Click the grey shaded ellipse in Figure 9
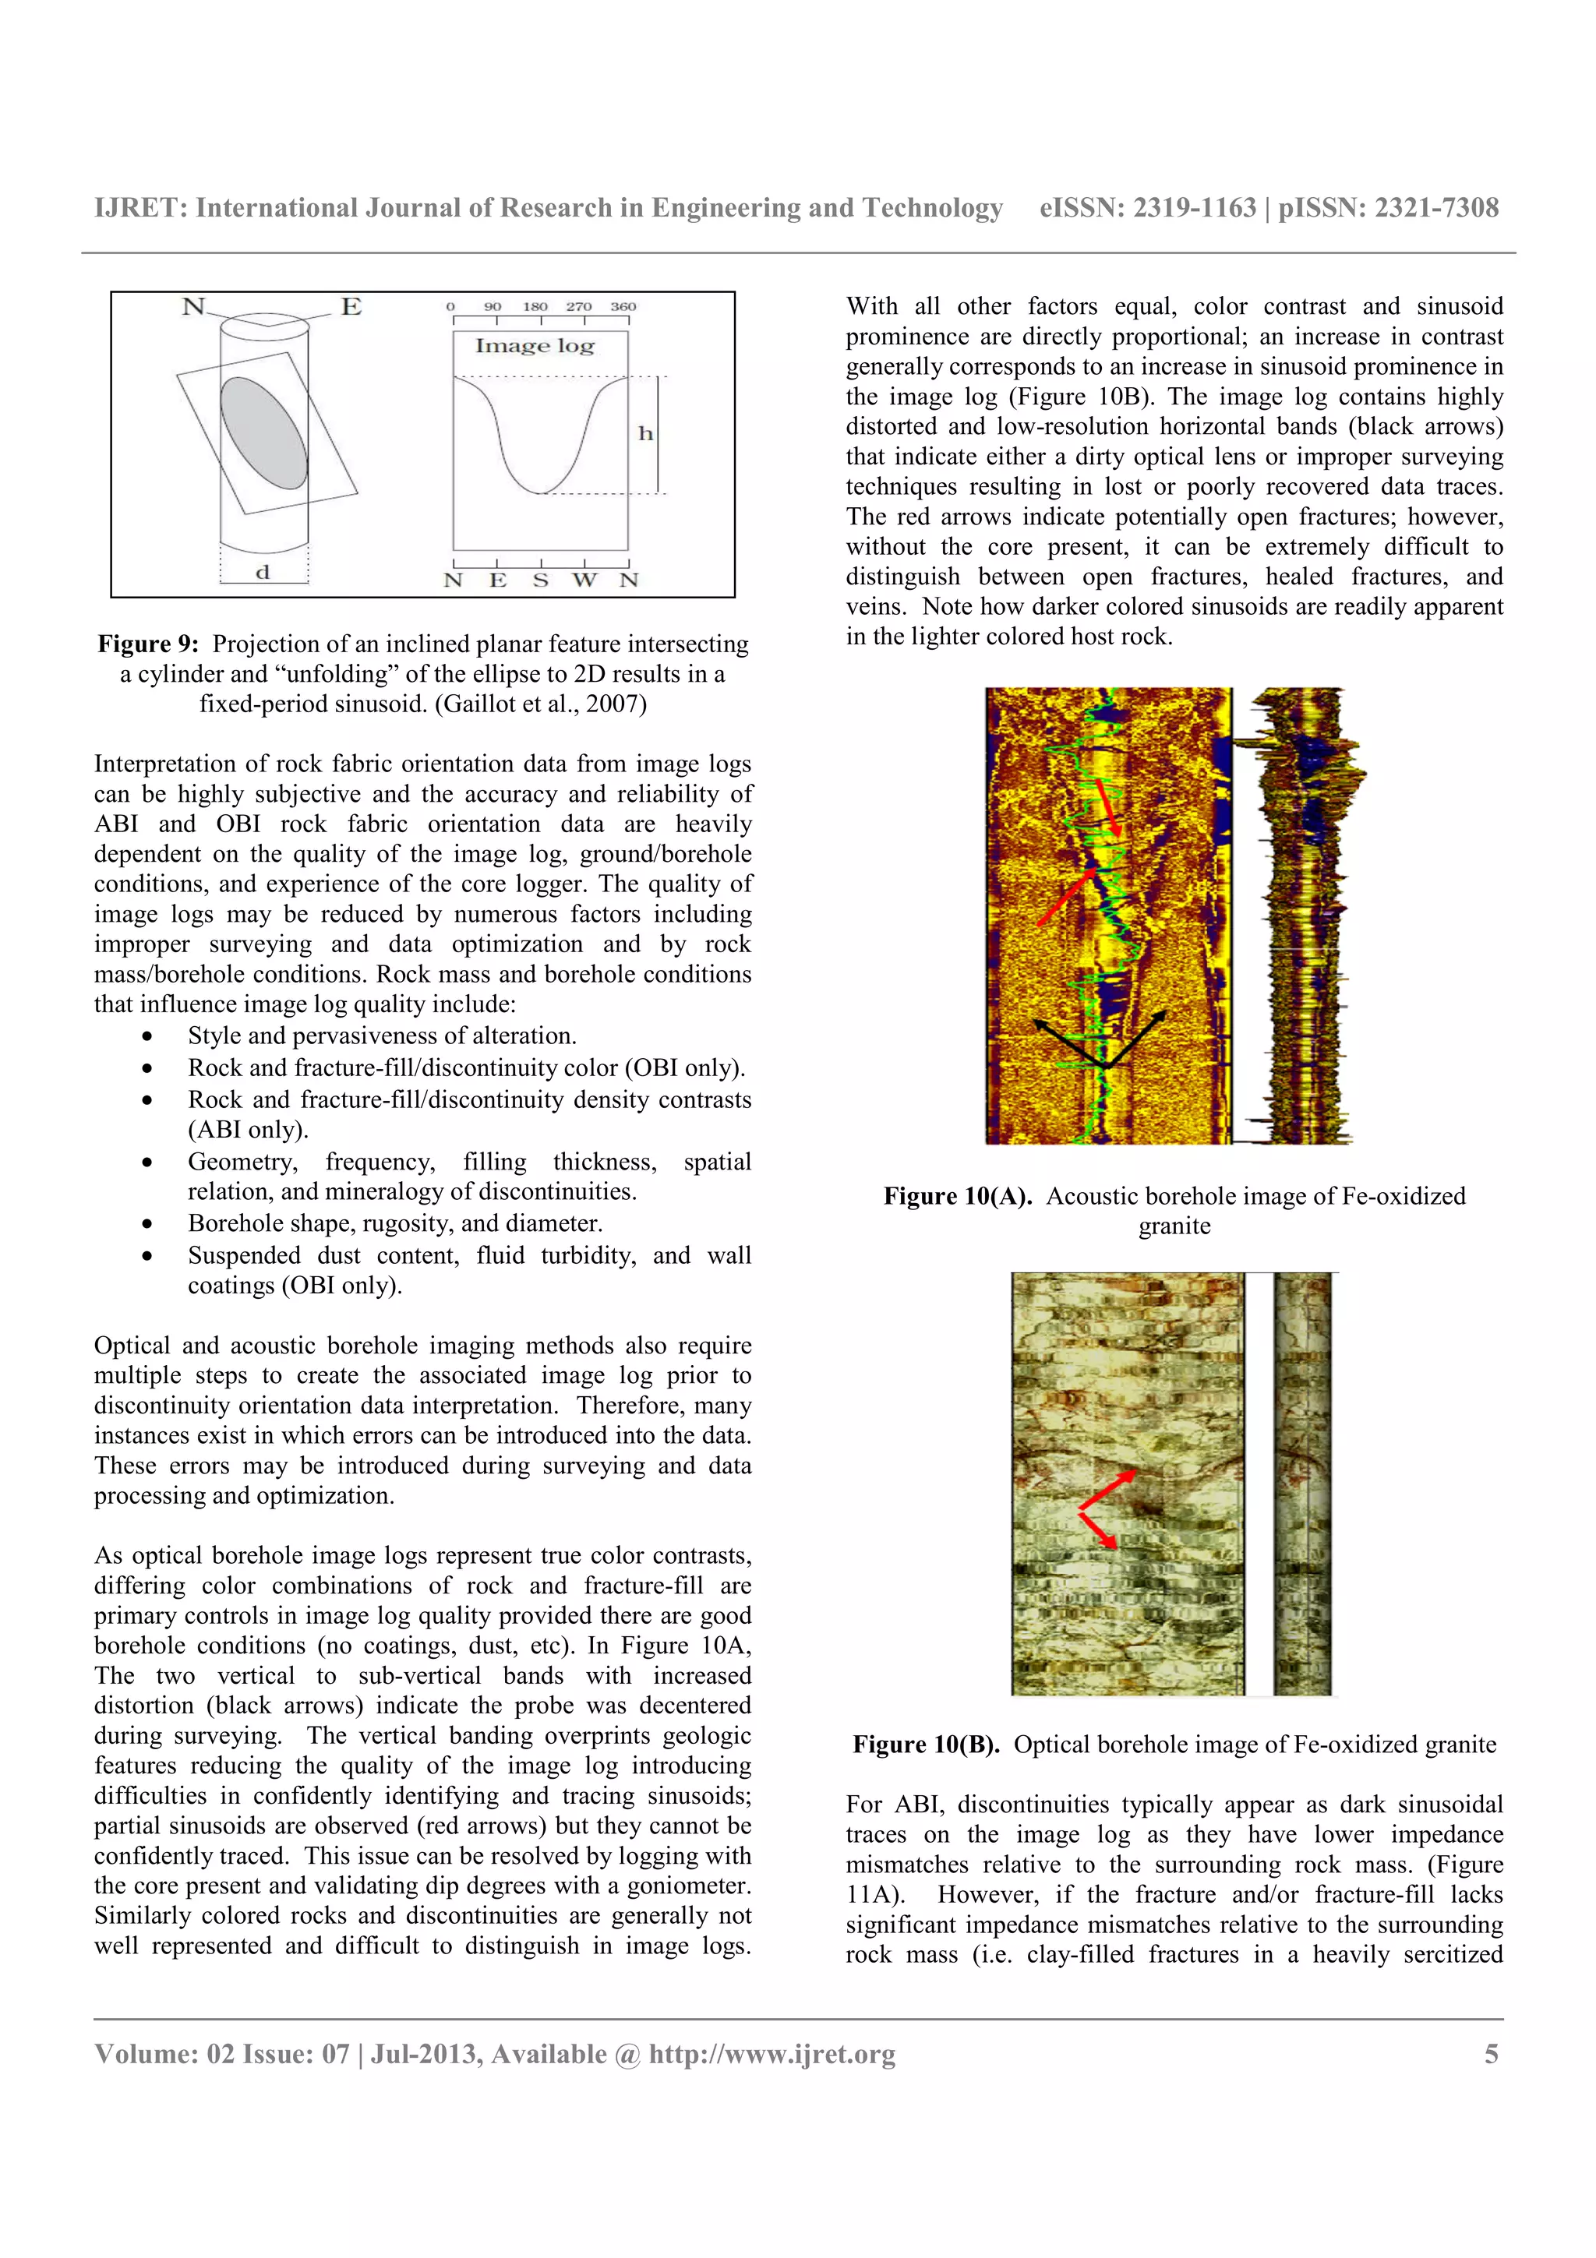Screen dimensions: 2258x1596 (x=263, y=432)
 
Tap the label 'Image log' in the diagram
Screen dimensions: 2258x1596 (x=535, y=346)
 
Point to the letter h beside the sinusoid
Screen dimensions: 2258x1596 (x=645, y=434)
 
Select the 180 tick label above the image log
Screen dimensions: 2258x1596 (x=535, y=307)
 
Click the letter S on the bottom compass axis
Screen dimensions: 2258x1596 (x=541, y=580)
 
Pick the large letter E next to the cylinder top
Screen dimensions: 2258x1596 (x=351, y=307)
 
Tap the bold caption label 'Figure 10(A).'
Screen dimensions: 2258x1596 (x=957, y=1196)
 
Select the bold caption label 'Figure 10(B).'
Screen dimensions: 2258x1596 (x=925, y=1745)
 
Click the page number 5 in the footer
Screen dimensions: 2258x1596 (x=1491, y=2055)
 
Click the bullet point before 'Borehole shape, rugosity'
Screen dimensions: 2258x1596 (x=147, y=1224)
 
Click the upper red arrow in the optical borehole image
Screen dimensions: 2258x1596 (x=1108, y=1489)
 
